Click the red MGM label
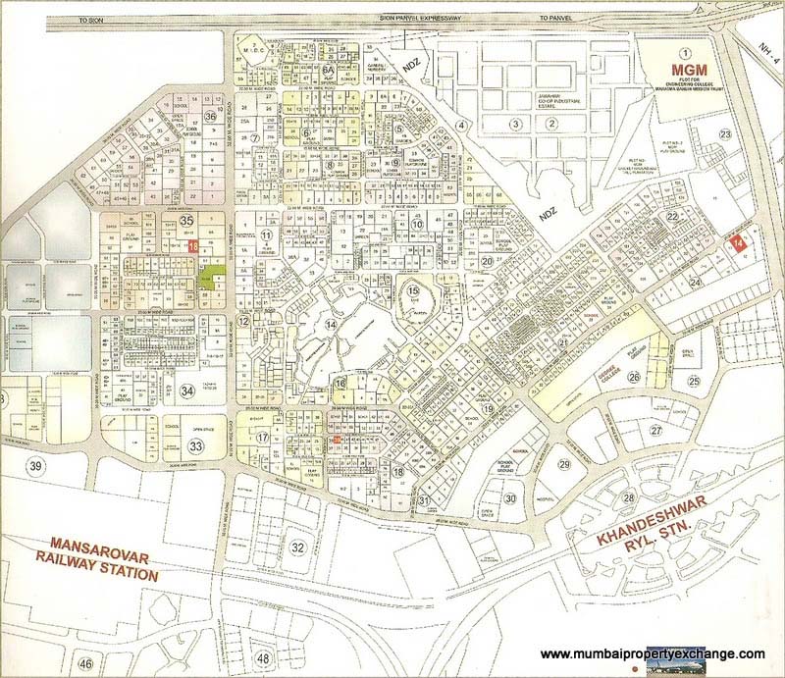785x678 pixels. (x=686, y=71)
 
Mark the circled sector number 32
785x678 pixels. (x=298, y=547)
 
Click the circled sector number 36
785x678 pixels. (x=210, y=116)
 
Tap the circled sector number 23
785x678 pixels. (x=725, y=134)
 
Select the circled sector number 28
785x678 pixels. (x=628, y=498)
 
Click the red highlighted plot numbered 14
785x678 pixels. (x=738, y=241)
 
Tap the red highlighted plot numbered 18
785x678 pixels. (x=194, y=247)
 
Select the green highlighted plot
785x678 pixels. (x=209, y=277)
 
